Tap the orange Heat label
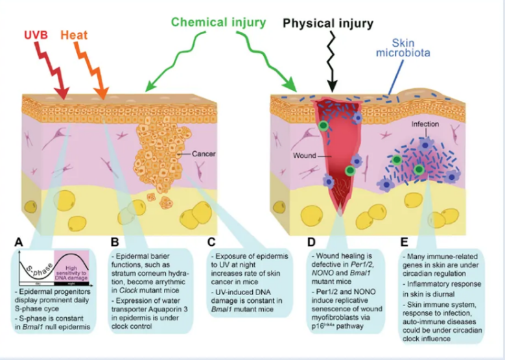(x=74, y=34)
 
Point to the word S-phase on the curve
(x=42, y=265)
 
